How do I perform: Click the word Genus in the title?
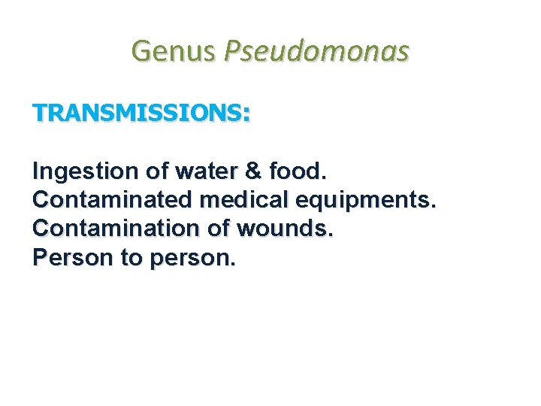tap(174, 51)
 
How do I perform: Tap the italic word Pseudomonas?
tap(318, 51)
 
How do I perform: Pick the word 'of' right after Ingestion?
tap(157, 171)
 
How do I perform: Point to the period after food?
tap(324, 177)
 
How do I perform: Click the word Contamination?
tap(104, 229)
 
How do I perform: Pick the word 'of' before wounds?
tap(198, 229)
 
